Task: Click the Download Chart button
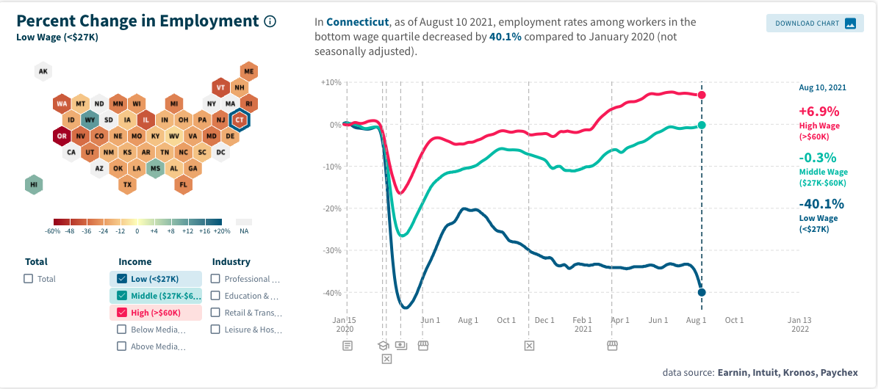pos(814,23)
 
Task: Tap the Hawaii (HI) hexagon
pos(33,184)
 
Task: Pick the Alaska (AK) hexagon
pos(43,71)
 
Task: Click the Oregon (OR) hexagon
pos(62,136)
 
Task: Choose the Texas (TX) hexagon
pos(127,184)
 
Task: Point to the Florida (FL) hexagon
pos(184,184)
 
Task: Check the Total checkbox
pos(29,279)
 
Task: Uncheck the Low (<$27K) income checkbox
pos(122,279)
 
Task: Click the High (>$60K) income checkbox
pos(122,313)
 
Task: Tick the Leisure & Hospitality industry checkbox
pos(215,330)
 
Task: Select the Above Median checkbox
pos(122,346)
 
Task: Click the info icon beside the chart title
pos(270,21)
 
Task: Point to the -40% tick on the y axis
pos(331,293)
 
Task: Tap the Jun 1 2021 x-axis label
pos(658,320)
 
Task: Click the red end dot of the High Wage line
pos(702,95)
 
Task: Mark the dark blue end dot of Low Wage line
pos(702,292)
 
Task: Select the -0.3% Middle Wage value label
pos(818,158)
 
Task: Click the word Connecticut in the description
pos(357,23)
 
